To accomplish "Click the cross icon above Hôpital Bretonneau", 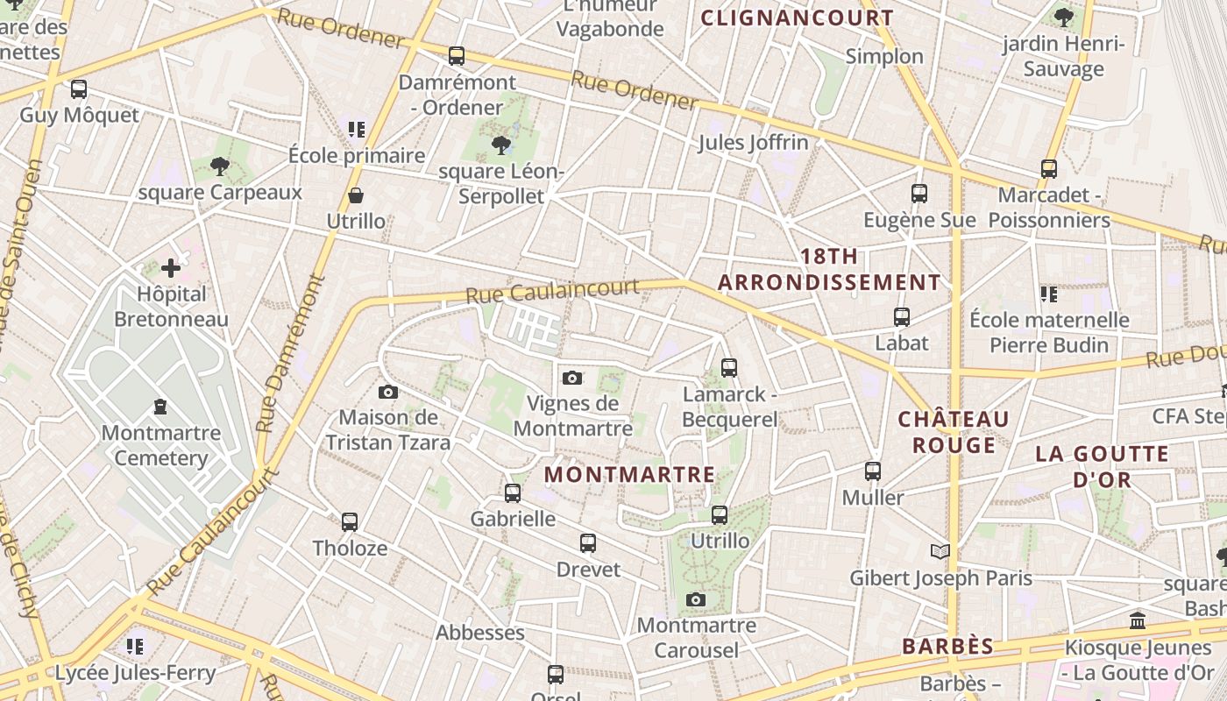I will [171, 268].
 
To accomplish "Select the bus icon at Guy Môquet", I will [79, 89].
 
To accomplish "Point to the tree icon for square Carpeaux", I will [219, 166].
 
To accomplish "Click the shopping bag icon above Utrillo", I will [356, 195].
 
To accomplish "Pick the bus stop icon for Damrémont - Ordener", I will [456, 56].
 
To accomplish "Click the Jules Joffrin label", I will [753, 143].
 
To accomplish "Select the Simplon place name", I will [884, 56].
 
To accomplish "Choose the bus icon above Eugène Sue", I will [918, 194].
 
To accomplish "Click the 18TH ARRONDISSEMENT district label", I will [829, 269].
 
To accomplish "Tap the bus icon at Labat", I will [901, 317].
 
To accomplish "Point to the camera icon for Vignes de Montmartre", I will [572, 378].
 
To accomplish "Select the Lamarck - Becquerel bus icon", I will [729, 368].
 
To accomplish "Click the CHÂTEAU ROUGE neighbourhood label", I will [954, 432].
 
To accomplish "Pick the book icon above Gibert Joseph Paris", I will [940, 551].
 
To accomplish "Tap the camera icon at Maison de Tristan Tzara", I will [388, 392].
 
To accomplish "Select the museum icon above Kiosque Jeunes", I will [1138, 621].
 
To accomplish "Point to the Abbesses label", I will [480, 633].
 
